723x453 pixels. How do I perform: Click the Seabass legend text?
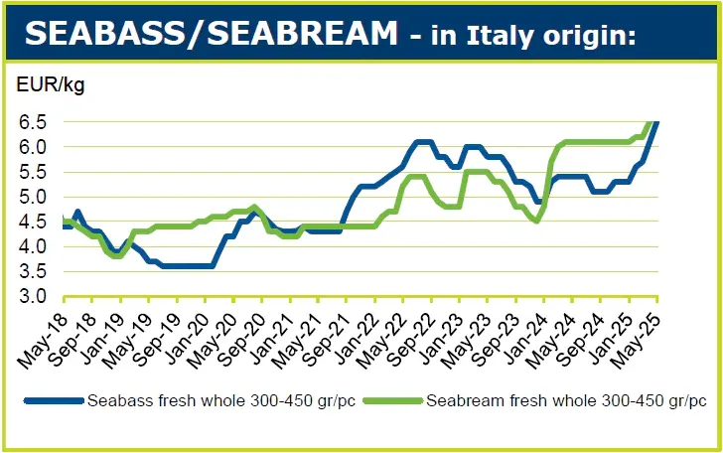[208, 401]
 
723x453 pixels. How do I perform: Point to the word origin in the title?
[596, 38]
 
